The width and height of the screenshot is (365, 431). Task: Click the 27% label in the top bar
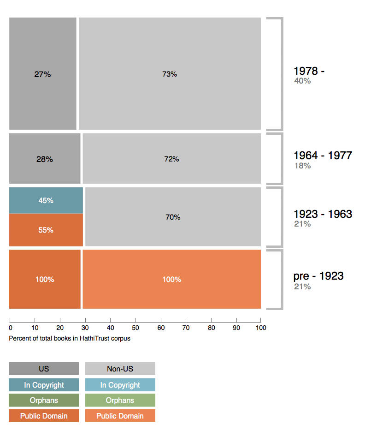[x=42, y=74]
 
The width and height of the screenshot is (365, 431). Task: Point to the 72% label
[x=171, y=159]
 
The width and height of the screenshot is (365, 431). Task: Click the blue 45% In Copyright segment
[x=46, y=200]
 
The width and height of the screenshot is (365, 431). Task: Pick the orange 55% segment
[x=46, y=230]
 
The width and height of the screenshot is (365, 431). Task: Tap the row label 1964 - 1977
[x=323, y=156]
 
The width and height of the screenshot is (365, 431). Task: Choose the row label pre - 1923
[x=318, y=276]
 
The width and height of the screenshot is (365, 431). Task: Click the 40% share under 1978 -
[x=302, y=81]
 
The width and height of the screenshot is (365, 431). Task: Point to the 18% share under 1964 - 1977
[x=302, y=166]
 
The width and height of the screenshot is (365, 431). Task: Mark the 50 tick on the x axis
[x=135, y=328]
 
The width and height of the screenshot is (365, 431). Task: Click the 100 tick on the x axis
[x=261, y=328]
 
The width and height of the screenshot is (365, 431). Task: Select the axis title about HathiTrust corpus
[x=70, y=338]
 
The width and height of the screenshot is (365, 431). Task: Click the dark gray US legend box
[x=44, y=369]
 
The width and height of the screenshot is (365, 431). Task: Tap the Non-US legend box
[x=120, y=369]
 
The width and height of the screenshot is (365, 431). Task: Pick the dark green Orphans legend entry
[x=44, y=400]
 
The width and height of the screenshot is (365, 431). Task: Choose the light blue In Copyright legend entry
[x=120, y=385]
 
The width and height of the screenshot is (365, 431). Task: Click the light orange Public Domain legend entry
[x=120, y=416]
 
